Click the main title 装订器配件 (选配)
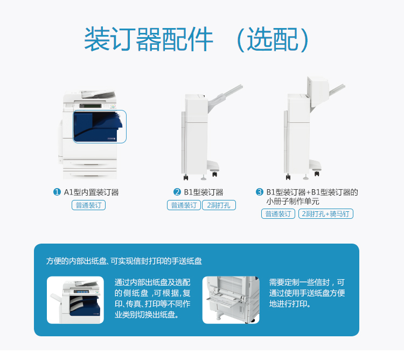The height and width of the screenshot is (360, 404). point(196,39)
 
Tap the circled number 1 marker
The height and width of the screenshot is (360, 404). point(57,192)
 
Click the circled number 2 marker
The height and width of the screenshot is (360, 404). point(177,192)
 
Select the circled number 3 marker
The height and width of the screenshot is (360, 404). point(260,192)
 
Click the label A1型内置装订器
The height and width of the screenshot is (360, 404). point(91,192)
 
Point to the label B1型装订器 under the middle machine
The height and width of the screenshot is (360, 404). point(204,192)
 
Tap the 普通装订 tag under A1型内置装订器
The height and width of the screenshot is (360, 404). point(89,205)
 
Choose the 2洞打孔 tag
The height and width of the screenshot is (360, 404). point(219,205)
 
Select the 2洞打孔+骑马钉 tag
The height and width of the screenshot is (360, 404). point(326,213)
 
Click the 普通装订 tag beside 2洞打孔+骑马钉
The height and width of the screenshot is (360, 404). point(278,213)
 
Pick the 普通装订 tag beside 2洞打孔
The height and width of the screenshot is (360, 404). point(184,205)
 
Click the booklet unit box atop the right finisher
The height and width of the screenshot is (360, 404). point(318,92)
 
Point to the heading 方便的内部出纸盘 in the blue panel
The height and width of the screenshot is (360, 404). point(76,261)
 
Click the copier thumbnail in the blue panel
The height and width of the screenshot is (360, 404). point(75,300)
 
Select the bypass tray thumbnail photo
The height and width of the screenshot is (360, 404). point(231,300)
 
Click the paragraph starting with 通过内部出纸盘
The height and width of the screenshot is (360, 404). point(152,299)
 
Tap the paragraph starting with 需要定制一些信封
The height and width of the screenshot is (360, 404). point(307,293)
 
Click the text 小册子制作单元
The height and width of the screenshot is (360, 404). point(292,201)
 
